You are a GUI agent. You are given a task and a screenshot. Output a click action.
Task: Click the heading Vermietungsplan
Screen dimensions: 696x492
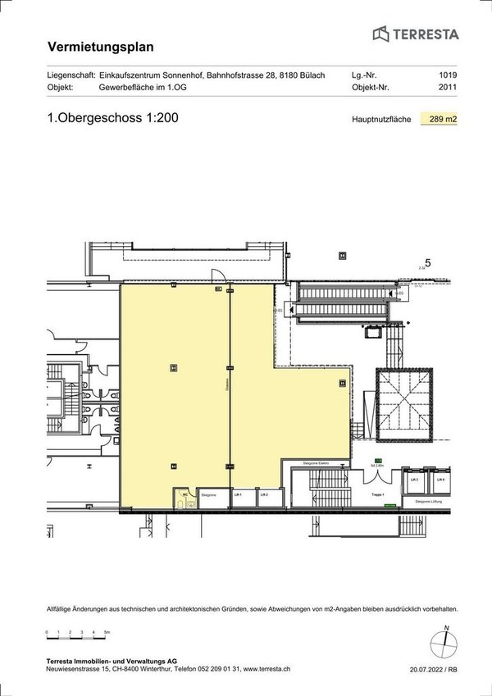(101, 48)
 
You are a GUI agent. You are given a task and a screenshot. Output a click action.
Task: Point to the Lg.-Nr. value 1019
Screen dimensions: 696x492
(448, 75)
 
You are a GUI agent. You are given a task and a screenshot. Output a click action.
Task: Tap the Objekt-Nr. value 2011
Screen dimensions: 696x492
(448, 86)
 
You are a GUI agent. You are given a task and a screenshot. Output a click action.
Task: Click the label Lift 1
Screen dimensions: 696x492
(239, 494)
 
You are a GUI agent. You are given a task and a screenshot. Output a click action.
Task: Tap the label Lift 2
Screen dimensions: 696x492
(264, 494)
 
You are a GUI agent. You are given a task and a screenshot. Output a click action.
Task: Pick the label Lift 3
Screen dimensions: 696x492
(414, 479)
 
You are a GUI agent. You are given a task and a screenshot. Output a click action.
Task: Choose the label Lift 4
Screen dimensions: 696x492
(440, 479)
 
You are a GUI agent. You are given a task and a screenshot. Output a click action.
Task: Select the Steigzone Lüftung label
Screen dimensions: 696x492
(430, 499)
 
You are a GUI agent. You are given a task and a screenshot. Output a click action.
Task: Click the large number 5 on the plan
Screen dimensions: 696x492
(427, 262)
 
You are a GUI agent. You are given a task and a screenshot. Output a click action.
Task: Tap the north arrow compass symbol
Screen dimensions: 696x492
(446, 639)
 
